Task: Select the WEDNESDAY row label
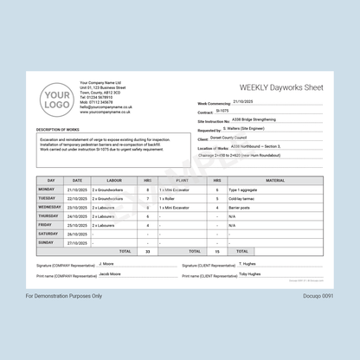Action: [x=49, y=208]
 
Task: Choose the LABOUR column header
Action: [x=113, y=180]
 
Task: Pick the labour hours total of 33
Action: [x=148, y=251]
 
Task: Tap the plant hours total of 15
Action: [x=217, y=251]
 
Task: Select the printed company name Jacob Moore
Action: [x=109, y=273]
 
